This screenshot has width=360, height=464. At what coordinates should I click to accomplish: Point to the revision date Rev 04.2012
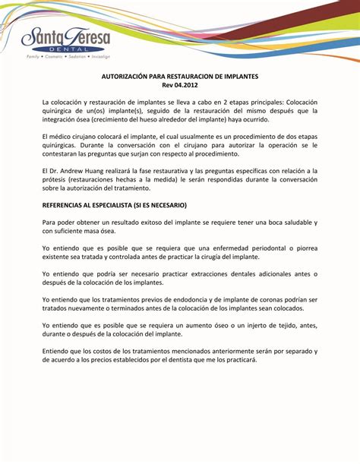180,87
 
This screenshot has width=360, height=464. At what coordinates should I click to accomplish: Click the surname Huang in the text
98,172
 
